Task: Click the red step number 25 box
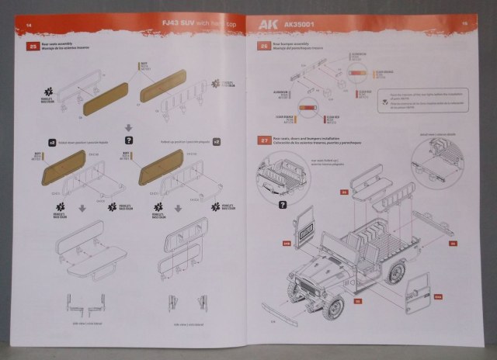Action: pyautogui.click(x=33, y=47)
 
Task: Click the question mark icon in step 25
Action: pyautogui.click(x=128, y=140)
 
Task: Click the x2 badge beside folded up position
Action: pyautogui.click(x=217, y=143)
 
